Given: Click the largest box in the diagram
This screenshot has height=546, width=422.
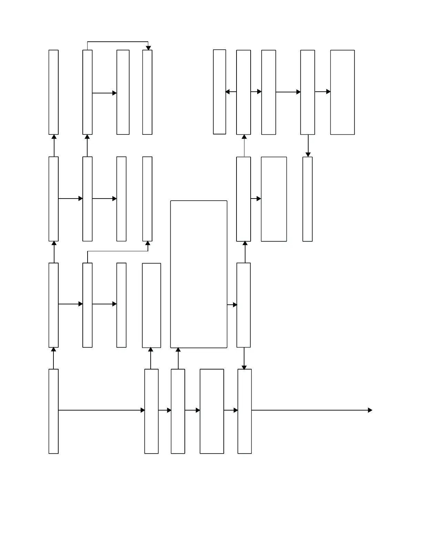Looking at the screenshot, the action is [x=199, y=274].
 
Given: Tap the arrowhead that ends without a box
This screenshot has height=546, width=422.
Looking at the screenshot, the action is [x=370, y=410].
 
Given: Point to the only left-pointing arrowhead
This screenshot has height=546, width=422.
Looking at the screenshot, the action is [x=228, y=92].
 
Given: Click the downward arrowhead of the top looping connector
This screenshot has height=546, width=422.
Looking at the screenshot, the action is [x=148, y=48].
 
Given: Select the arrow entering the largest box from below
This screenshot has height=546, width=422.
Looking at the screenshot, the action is [x=178, y=358].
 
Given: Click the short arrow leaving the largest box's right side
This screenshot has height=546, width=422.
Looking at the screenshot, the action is [x=232, y=305].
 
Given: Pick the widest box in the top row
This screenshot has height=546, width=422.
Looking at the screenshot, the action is [x=342, y=92].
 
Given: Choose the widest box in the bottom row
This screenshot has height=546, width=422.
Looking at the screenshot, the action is [x=212, y=411].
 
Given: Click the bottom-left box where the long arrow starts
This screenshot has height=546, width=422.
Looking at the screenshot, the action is [x=53, y=411].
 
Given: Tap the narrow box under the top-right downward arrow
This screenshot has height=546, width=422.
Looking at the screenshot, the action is [x=308, y=199].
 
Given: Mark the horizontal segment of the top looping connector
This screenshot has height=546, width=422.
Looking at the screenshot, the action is [x=118, y=42].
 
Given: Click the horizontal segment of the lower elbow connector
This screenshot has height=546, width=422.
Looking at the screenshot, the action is [x=118, y=251].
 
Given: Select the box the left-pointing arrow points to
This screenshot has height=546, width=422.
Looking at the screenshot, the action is [x=220, y=92].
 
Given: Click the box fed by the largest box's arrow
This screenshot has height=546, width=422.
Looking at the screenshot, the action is [x=243, y=305].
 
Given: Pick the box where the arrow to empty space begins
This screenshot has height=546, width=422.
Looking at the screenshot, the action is [x=244, y=411].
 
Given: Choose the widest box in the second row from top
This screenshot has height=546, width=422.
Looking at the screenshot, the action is [x=274, y=199].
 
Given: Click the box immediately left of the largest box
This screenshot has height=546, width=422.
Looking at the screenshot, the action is [x=151, y=305].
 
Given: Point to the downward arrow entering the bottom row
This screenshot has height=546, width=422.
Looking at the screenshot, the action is [x=244, y=358].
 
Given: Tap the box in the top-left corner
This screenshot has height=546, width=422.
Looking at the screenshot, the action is [x=53, y=92].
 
